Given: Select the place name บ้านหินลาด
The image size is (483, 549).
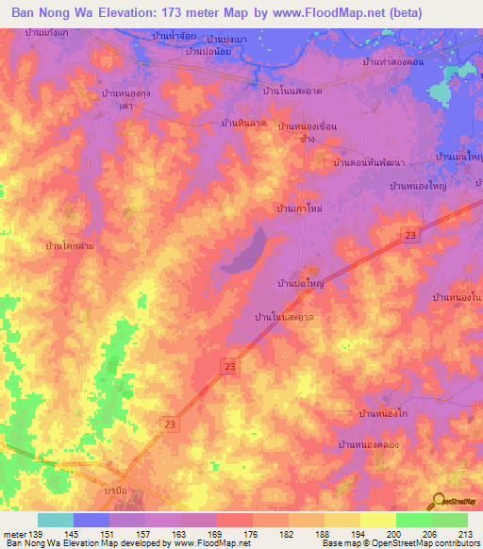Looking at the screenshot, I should pyautogui.click(x=241, y=124).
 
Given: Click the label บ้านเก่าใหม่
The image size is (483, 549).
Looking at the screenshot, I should pyautogui.click(x=299, y=209).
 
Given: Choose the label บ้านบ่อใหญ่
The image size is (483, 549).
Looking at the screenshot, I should pyautogui.click(x=300, y=282).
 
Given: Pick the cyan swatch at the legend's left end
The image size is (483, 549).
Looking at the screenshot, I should pyautogui.click(x=56, y=520).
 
